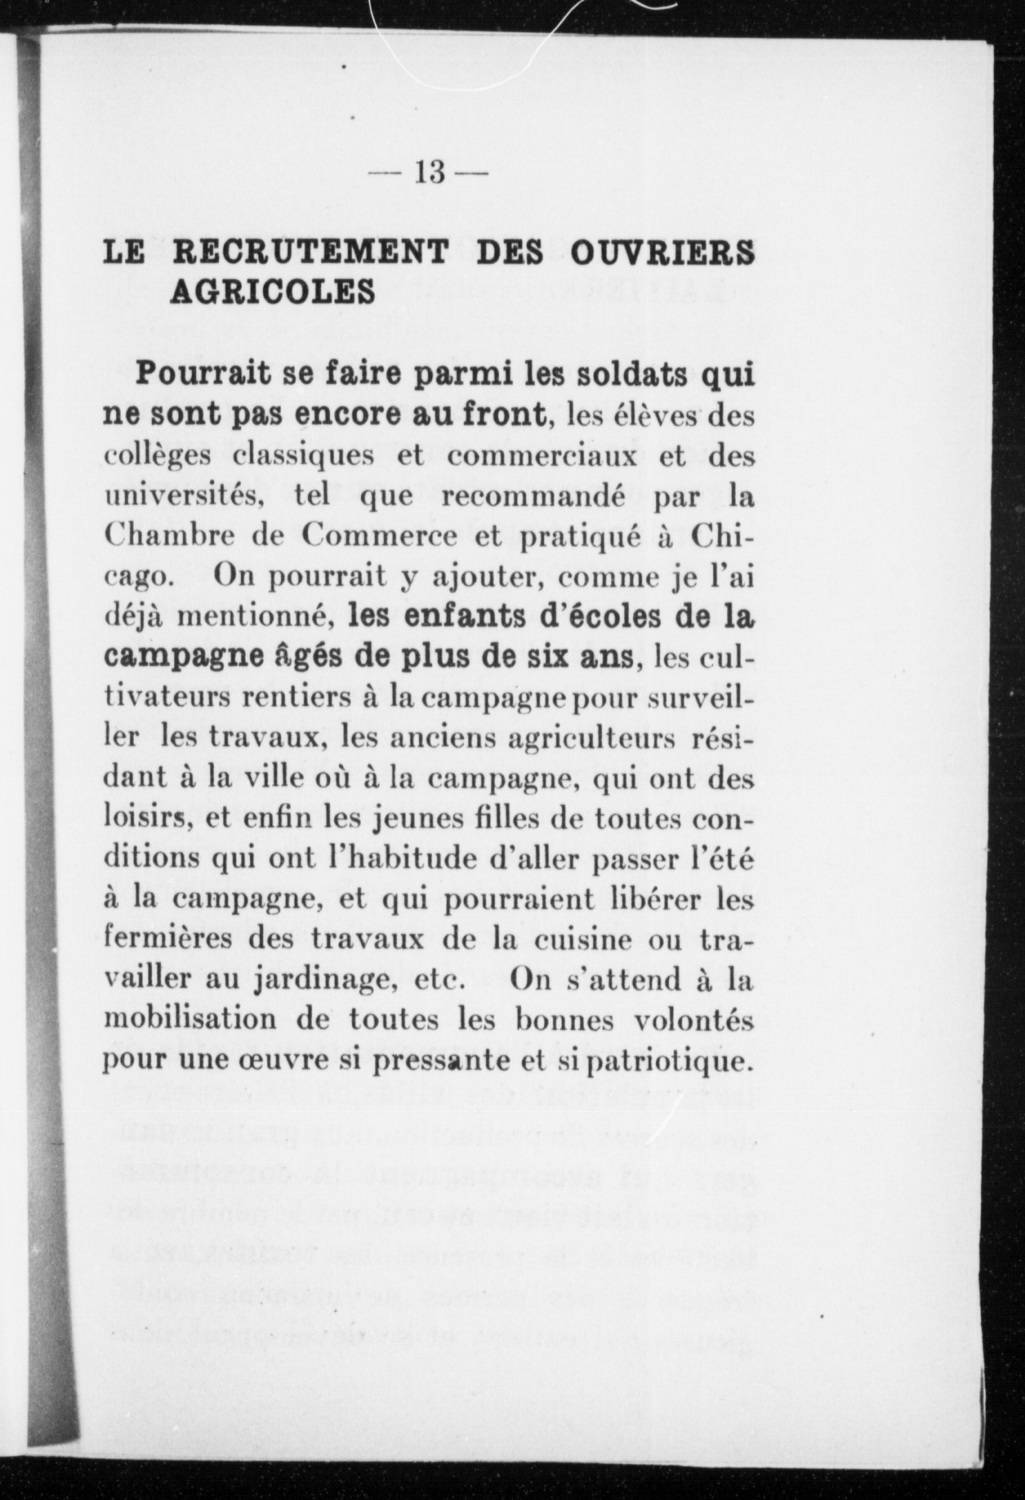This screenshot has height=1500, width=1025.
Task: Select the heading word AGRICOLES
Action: pos(273,292)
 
